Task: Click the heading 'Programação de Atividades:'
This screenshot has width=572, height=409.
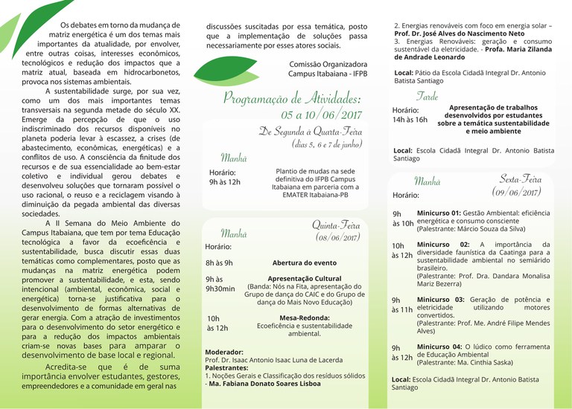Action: pyautogui.click(x=291, y=98)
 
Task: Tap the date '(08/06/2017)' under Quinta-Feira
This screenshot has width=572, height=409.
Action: pyautogui.click(x=337, y=237)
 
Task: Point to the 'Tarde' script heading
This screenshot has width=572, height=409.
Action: pyautogui.click(x=427, y=97)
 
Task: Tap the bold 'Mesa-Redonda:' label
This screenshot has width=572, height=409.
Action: pyautogui.click(x=304, y=317)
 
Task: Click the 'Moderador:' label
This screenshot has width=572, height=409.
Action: pyautogui.click(x=223, y=352)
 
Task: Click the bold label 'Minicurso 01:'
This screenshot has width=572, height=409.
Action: pyautogui.click(x=439, y=213)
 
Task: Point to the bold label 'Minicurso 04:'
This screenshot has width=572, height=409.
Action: pyautogui.click(x=439, y=347)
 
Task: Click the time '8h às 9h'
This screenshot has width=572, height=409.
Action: pyautogui.click(x=219, y=263)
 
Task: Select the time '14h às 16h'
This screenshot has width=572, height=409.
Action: pyautogui.click(x=410, y=119)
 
